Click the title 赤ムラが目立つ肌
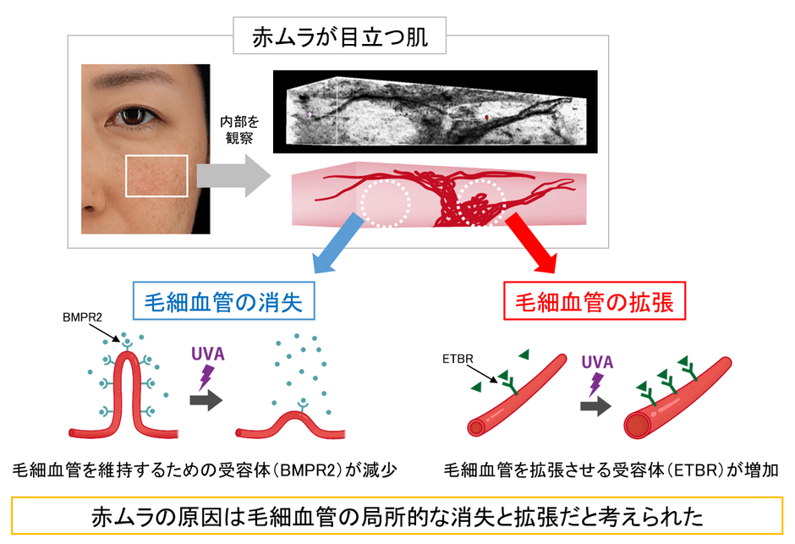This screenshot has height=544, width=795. point(338,37)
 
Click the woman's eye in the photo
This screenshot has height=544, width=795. point(132,114)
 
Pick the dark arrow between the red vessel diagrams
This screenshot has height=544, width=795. point(596,407)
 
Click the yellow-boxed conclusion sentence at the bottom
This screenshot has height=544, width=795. point(398,515)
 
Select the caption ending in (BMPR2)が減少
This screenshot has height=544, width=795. point(204,469)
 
